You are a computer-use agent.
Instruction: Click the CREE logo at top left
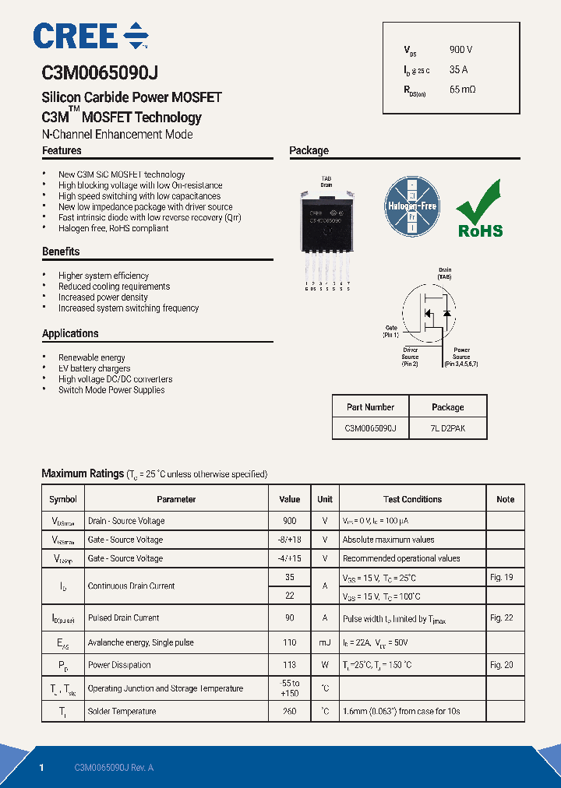point(90,37)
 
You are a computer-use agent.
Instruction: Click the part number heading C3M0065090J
point(100,73)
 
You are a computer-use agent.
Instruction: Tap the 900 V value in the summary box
point(460,50)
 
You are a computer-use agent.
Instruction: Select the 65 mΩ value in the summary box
point(462,90)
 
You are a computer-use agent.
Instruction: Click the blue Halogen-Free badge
point(412,207)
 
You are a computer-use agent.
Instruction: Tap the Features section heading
point(62,150)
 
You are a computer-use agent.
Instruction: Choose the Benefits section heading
point(61,252)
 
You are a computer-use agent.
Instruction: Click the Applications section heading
point(70,333)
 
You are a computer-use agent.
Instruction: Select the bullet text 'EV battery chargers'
point(94,368)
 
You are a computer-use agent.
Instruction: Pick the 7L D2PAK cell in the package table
point(447,428)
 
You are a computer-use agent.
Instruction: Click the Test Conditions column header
point(412,499)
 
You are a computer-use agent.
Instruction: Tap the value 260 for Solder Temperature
point(290,711)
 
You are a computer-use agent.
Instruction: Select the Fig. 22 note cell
point(502,617)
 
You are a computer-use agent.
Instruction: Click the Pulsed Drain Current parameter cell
point(123,617)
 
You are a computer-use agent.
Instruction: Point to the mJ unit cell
point(325,642)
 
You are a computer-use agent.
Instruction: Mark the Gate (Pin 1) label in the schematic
point(390,331)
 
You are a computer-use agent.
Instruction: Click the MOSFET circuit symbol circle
point(428,312)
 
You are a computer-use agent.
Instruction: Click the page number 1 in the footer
point(41,768)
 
